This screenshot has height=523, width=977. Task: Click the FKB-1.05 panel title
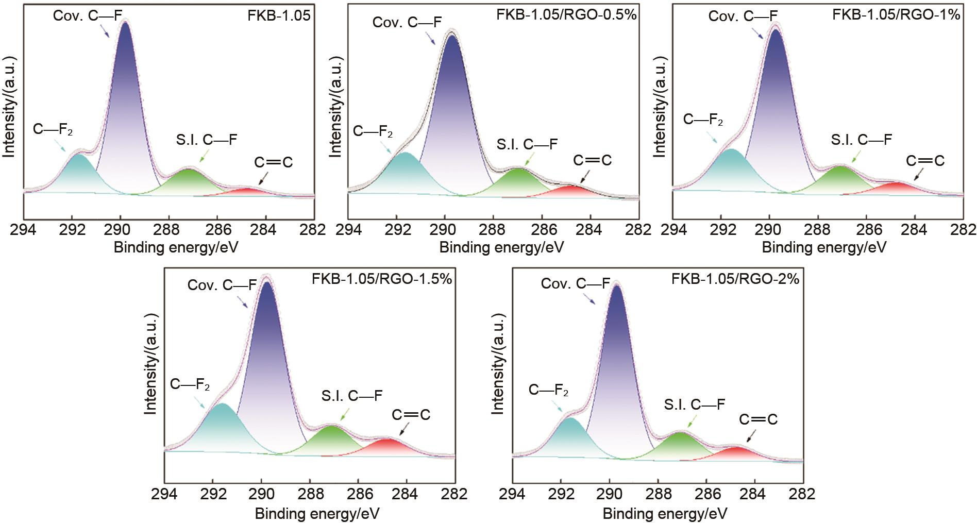click(x=279, y=15)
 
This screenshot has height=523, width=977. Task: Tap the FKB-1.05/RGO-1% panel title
click(x=896, y=14)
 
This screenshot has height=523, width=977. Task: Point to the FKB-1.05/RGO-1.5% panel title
click(x=381, y=279)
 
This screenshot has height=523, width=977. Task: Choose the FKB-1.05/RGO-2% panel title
click(x=735, y=279)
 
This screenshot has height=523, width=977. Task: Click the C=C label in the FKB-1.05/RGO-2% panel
click(x=758, y=419)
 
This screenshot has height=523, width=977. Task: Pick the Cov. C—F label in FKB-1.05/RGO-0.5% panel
click(x=407, y=23)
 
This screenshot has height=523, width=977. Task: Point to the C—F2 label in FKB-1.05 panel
click(x=53, y=129)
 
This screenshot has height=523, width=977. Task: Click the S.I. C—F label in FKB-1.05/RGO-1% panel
click(x=861, y=140)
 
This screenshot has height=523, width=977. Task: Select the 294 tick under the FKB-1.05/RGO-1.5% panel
click(x=164, y=494)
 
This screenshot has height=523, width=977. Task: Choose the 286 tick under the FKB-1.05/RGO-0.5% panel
click(x=541, y=230)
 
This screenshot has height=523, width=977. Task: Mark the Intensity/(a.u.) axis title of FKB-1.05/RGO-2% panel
click(x=498, y=363)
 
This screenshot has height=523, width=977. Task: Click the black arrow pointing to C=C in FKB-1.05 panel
click(x=263, y=178)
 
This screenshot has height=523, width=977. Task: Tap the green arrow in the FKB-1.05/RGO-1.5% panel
click(x=345, y=414)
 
